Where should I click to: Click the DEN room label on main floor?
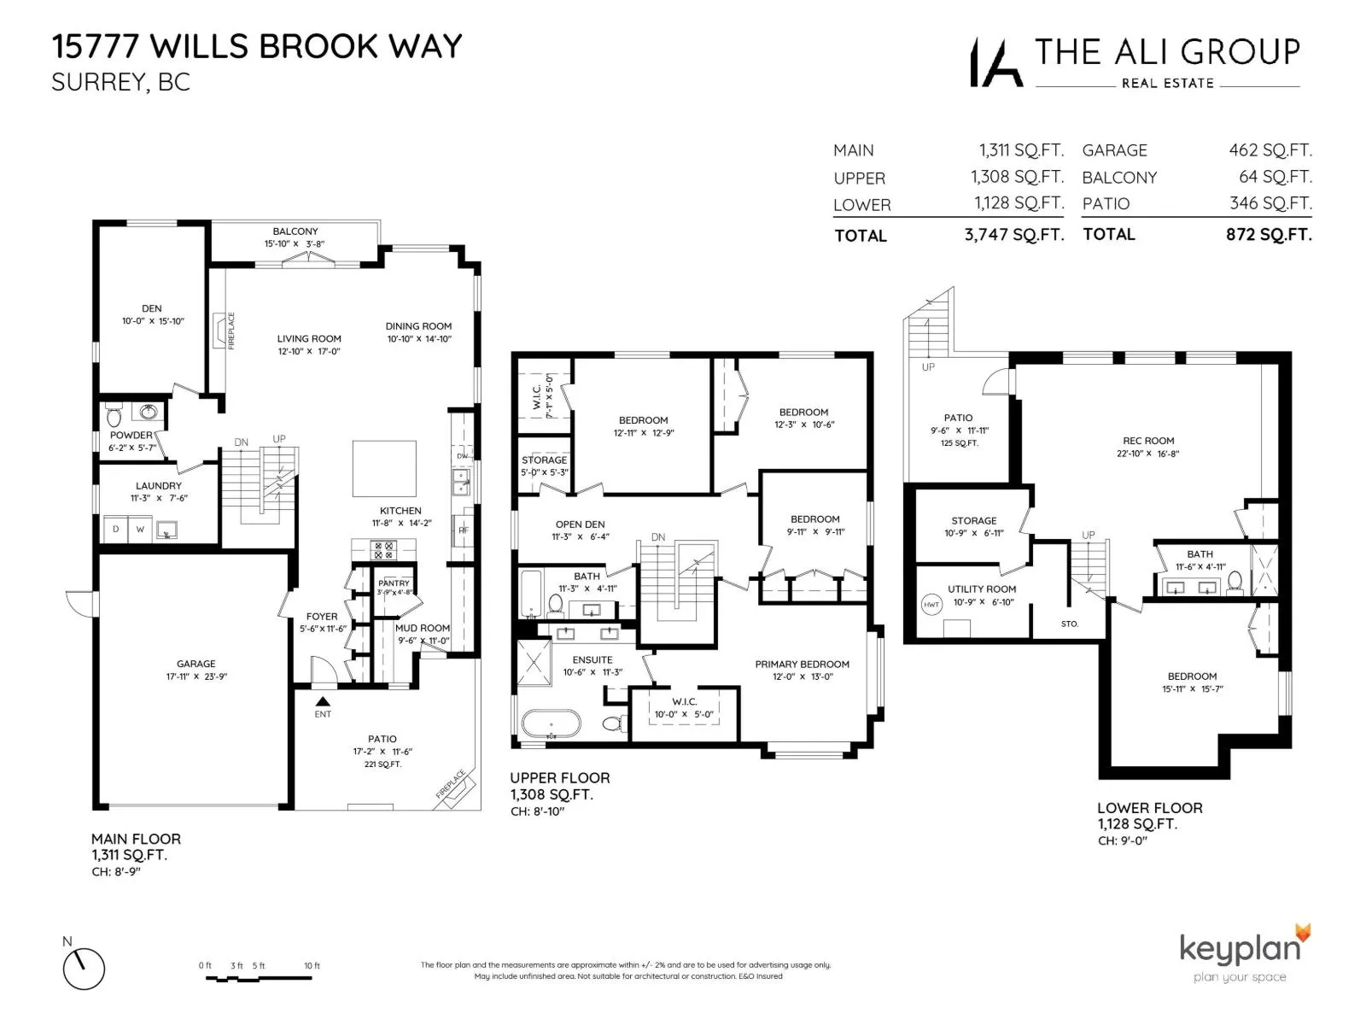(x=152, y=308)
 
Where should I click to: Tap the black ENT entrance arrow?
(x=323, y=701)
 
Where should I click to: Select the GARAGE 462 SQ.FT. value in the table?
(x=1270, y=150)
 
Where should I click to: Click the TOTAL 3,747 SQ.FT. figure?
(x=1013, y=235)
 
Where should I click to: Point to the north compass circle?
(x=84, y=969)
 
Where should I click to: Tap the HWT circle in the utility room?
(x=931, y=605)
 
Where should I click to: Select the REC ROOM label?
(x=1148, y=441)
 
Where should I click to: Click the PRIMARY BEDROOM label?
(x=802, y=664)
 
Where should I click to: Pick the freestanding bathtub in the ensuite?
(x=551, y=724)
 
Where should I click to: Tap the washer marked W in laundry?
(x=140, y=530)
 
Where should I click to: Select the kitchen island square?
(x=384, y=468)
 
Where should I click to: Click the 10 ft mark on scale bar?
(x=312, y=966)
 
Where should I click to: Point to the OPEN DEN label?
(x=580, y=524)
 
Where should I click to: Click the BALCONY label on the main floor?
(x=295, y=231)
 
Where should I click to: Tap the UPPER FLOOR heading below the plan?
(x=559, y=777)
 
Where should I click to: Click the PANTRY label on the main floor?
(x=394, y=583)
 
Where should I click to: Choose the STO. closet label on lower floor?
(x=1069, y=624)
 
